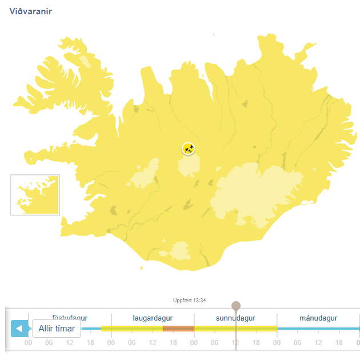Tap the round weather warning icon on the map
(189, 149)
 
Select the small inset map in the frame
(35, 195)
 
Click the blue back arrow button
(19, 329)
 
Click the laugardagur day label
(153, 318)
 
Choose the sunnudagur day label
(235, 318)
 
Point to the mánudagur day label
(318, 318)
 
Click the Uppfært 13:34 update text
(189, 300)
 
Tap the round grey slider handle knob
(236, 306)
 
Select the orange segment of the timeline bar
(178, 329)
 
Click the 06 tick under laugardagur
(132, 343)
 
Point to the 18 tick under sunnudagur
(256, 343)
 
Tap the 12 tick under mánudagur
(318, 343)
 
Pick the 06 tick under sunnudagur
(215, 343)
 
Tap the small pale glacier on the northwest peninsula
(86, 61)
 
